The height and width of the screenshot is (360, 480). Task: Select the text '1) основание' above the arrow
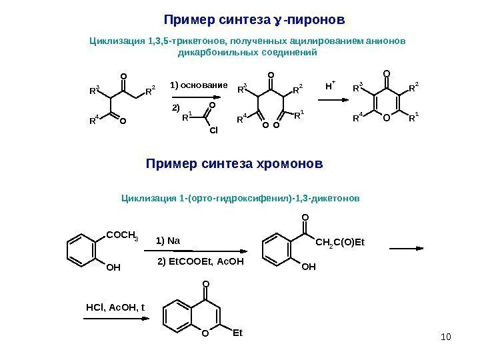(x=199, y=87)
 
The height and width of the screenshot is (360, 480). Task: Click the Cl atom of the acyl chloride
(x=213, y=131)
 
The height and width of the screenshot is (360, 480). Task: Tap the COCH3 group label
(x=122, y=233)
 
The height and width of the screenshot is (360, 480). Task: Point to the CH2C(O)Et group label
(x=341, y=242)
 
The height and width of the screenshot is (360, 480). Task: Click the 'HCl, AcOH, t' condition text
(x=115, y=307)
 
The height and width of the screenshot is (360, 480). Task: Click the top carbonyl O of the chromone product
(x=205, y=284)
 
